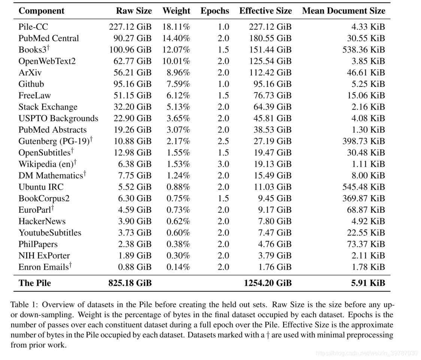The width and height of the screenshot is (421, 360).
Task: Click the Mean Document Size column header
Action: click(x=343, y=11)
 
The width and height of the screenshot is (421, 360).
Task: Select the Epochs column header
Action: click(x=215, y=11)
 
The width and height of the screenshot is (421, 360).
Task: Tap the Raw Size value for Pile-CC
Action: click(x=130, y=27)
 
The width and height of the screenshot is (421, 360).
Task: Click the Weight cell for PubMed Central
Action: click(x=176, y=38)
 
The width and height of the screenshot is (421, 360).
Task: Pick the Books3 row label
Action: click(x=34, y=49)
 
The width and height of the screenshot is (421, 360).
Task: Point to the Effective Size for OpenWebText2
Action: click(x=270, y=61)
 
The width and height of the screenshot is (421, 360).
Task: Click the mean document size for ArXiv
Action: click(x=366, y=73)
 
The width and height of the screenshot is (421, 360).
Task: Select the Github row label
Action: click(x=31, y=84)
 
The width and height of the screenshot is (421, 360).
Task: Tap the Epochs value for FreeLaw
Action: click(x=223, y=96)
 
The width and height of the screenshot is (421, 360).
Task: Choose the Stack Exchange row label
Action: click(x=48, y=107)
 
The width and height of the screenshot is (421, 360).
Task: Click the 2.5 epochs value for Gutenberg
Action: click(x=223, y=141)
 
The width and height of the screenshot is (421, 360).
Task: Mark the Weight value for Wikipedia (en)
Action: click(x=178, y=164)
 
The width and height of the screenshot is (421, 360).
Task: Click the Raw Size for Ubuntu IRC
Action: click(x=135, y=187)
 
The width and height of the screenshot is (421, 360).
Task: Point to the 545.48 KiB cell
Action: click(x=364, y=187)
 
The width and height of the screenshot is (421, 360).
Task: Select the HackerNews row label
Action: click(x=42, y=221)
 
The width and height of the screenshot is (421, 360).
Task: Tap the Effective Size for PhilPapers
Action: click(x=275, y=244)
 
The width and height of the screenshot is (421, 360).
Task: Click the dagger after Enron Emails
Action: click(x=70, y=265)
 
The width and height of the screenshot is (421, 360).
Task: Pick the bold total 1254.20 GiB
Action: click(x=268, y=283)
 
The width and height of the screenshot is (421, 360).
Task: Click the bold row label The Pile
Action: click(x=34, y=283)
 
